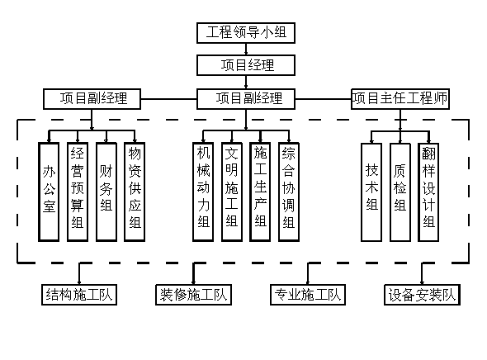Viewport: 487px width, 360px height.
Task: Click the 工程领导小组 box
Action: (x=246, y=32)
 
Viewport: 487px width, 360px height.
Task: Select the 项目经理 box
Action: (x=246, y=65)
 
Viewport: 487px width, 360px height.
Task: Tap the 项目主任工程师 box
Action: (x=400, y=99)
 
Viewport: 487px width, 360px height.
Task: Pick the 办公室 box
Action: (x=49, y=192)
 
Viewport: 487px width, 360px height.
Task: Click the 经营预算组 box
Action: (x=78, y=192)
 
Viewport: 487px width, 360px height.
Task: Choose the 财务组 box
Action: (x=106, y=192)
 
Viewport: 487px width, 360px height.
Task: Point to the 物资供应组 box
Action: (x=135, y=192)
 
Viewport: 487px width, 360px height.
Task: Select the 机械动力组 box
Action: (x=203, y=192)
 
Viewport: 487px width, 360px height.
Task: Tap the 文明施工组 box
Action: (x=232, y=192)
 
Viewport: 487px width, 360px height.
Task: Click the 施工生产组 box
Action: (x=260, y=192)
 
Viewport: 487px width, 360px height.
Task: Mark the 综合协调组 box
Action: (x=289, y=192)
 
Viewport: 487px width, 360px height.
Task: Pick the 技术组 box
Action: (x=371, y=192)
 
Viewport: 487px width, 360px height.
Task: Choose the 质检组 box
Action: (x=400, y=192)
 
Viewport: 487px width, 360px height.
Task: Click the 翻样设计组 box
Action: (x=428, y=192)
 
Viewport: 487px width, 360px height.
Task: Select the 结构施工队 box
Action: (x=79, y=295)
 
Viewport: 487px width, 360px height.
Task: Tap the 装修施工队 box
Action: (x=193, y=295)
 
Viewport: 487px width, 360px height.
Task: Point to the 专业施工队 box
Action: (x=308, y=295)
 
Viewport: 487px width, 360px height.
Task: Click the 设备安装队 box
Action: (x=422, y=295)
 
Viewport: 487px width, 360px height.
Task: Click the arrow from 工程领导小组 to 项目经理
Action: (x=246, y=49)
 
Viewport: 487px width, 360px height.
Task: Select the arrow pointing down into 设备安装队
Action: (x=422, y=273)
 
